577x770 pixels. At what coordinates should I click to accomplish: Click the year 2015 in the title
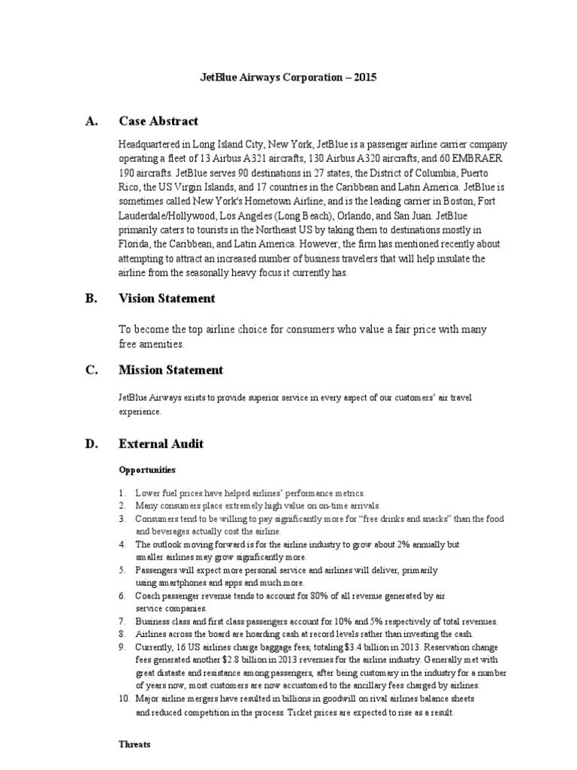pos(364,77)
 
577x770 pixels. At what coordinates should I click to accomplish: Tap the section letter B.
pos(90,299)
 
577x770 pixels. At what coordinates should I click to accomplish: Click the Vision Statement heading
pos(167,299)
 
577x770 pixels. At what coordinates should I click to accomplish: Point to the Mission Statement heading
pos(171,370)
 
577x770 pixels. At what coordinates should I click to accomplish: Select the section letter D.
pos(90,444)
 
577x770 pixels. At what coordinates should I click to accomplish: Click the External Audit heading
pos(161,444)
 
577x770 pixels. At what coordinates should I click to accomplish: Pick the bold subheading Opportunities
pos(147,470)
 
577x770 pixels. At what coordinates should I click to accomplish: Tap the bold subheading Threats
pos(134,744)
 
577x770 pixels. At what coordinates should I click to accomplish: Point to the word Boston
pos(473,202)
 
